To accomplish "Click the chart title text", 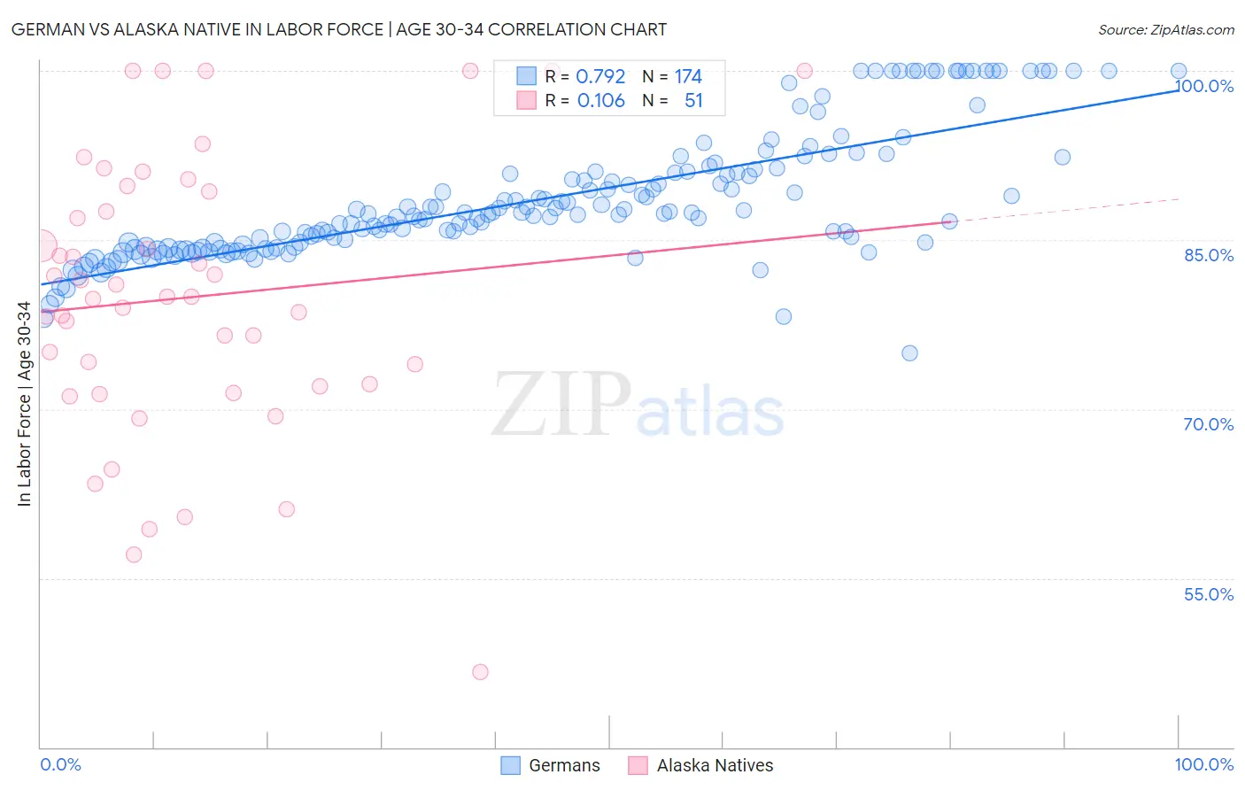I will (339, 29).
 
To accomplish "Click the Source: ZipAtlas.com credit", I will (1165, 29).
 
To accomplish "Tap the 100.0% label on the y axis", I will (1204, 86).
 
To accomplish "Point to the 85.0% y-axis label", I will (1209, 255).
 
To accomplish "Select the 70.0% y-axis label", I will (1209, 424).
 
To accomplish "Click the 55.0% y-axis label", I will (1209, 594).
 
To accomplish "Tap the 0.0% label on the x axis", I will (60, 764).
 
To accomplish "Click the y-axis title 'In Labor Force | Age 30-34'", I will (24, 404).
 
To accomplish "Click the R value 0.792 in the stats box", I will (600, 77).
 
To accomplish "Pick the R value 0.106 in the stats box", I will (600, 101).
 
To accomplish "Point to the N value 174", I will (688, 77).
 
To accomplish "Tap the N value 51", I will (693, 101).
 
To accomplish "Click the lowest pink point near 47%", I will (480, 672).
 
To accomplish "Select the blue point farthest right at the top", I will (1179, 71).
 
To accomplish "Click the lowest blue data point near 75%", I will (909, 353).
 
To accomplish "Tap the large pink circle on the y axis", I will (41, 245).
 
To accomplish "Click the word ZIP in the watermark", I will (561, 405).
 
